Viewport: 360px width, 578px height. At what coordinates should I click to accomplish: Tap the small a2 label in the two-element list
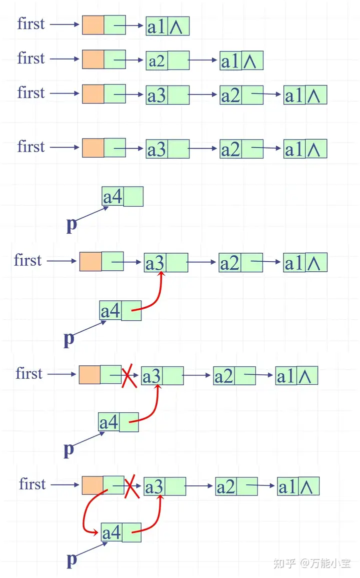[156, 61]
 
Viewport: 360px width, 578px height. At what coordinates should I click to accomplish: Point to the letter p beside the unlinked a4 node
[71, 224]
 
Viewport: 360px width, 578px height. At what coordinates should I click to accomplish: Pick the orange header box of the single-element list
[93, 25]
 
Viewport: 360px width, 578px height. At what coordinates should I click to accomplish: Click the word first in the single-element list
[31, 24]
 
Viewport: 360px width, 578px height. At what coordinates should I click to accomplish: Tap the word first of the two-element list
[31, 58]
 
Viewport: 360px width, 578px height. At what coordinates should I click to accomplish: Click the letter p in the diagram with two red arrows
[72, 559]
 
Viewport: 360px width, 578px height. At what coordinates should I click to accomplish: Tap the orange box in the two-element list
[93, 60]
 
